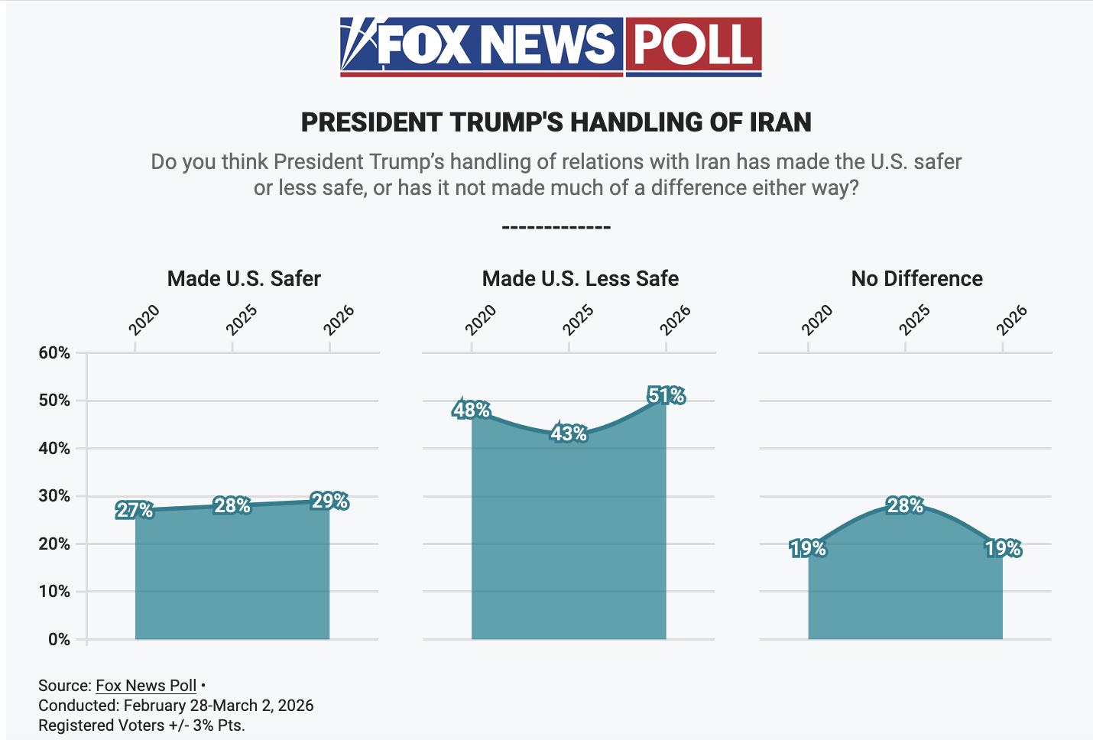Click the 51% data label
pyautogui.click(x=667, y=396)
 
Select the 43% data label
pyautogui.click(x=569, y=434)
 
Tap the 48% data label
pyautogui.click(x=472, y=411)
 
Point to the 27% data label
pyautogui.click(x=135, y=511)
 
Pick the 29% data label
pyautogui.click(x=330, y=501)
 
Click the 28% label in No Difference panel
pyautogui.click(x=906, y=506)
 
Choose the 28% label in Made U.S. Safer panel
pyautogui.click(x=232, y=506)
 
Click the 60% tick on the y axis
pyautogui.click(x=54, y=353)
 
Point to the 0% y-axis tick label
pyautogui.click(x=59, y=640)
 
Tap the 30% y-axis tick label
pyautogui.click(x=54, y=496)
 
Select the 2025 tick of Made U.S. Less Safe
pyautogui.click(x=578, y=320)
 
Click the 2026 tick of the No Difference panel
pyautogui.click(x=1012, y=320)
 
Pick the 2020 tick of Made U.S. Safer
pyautogui.click(x=144, y=320)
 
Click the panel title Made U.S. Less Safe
pyautogui.click(x=580, y=279)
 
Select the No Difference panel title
pyautogui.click(x=916, y=279)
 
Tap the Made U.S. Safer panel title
pyautogui.click(x=244, y=279)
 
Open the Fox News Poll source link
pyautogui.click(x=146, y=686)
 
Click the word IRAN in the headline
pyautogui.click(x=780, y=122)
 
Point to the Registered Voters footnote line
pyautogui.click(x=141, y=725)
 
